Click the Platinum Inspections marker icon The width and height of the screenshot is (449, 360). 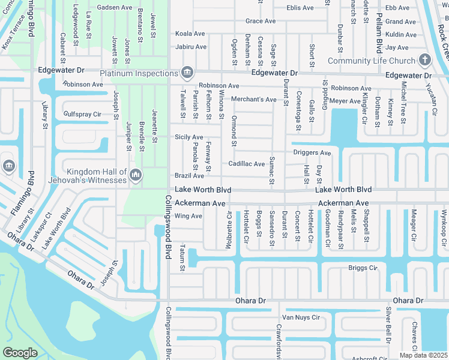187,73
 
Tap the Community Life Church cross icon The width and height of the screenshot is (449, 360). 425,60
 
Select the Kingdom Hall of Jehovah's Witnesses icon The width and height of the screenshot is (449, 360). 135,175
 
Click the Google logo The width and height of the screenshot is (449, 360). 20,353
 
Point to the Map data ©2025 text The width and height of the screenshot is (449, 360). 424,355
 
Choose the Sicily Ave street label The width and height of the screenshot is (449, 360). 188,137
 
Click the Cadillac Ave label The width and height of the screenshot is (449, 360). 246,164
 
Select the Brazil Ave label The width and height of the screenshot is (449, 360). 189,176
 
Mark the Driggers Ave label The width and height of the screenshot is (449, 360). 312,153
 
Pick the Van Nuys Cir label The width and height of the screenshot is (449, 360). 300,317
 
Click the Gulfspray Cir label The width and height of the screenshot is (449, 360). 82,114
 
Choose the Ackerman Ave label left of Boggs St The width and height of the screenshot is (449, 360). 196,204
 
